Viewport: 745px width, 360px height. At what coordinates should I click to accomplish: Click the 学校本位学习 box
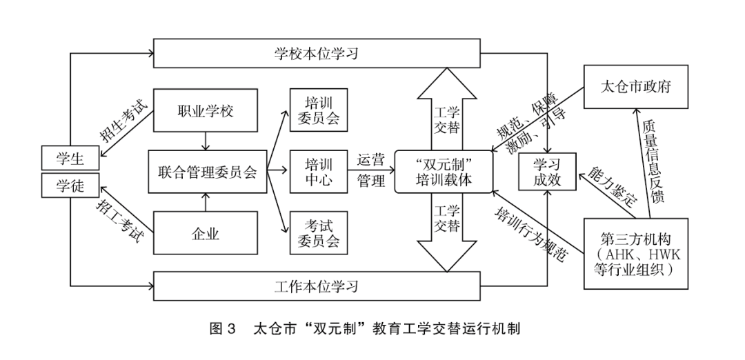(317, 53)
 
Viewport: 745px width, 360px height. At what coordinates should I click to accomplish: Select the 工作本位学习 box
(317, 284)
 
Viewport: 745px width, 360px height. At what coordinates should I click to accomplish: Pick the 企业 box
(205, 233)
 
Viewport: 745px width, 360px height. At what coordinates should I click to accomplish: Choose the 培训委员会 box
(317, 110)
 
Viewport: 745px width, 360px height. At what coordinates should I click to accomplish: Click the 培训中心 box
(317, 172)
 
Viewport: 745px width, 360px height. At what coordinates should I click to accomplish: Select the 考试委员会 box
(317, 233)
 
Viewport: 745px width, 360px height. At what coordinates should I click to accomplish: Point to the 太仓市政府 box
(635, 87)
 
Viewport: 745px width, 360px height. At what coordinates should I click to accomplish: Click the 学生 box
(70, 158)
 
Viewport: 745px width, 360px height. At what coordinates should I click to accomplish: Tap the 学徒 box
(70, 185)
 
